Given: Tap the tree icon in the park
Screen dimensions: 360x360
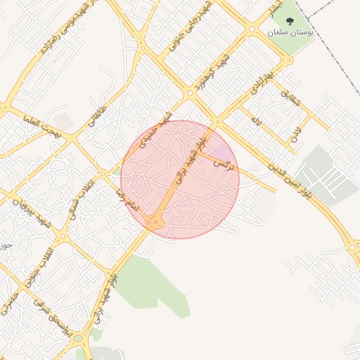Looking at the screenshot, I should coord(291,21).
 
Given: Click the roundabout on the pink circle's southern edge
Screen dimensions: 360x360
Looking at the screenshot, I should coord(155,223).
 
